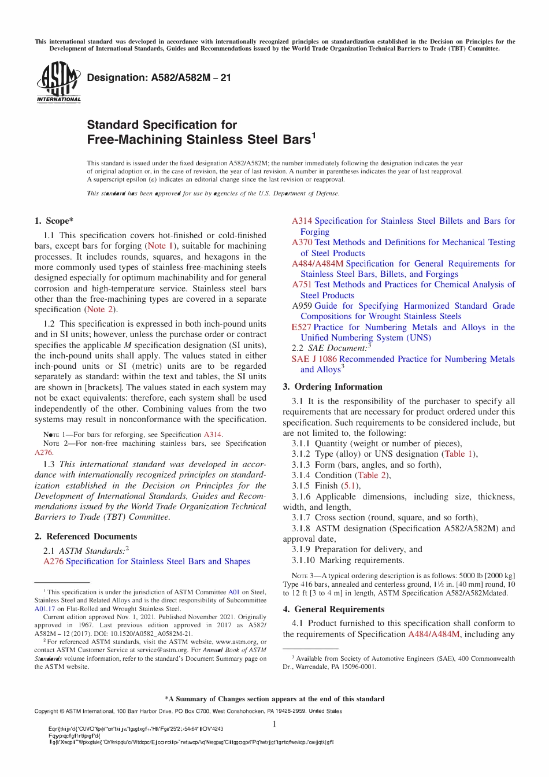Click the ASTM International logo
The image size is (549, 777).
tap(58, 83)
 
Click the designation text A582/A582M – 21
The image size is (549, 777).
tap(159, 77)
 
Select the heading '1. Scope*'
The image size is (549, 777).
tap(54, 221)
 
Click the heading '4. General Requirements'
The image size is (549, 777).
tap(333, 609)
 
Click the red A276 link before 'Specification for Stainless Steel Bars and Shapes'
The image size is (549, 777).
tap(53, 561)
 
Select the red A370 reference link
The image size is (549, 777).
tap(302, 242)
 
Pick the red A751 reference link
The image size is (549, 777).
tap(302, 284)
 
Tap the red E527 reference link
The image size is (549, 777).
tap(301, 327)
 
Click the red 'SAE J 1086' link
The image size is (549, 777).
tap(314, 359)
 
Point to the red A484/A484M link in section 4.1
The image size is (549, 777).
tap(433, 634)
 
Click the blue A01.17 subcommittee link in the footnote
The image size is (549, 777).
tap(44, 609)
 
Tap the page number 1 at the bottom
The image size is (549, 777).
tap(274, 724)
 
